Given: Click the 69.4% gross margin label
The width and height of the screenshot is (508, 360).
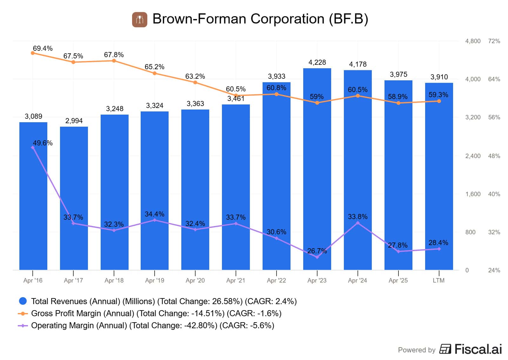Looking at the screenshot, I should coord(43,48).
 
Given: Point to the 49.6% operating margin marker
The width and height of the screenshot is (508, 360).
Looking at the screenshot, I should coord(33,148).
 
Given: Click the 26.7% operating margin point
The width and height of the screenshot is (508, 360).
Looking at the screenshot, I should coord(317,257).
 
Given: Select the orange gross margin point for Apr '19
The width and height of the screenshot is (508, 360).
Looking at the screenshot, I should coord(155,73).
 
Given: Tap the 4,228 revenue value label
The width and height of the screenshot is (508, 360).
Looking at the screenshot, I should coord(317,63).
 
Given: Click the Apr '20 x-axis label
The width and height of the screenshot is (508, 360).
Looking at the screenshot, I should coord(195,280).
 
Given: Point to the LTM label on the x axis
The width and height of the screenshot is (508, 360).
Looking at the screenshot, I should coord(438,280).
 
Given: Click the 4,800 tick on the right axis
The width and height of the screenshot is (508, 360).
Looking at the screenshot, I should coord(473,41).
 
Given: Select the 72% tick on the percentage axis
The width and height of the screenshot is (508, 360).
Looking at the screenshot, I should coord(494,41).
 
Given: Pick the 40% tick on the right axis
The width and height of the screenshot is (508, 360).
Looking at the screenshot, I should coord(494,194).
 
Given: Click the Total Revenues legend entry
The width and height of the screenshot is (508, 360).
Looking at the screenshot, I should coord(164,301).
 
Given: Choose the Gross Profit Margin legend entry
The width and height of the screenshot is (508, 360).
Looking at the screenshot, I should coord(156,313).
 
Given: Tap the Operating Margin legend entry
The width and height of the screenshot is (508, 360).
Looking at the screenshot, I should coord(152,325).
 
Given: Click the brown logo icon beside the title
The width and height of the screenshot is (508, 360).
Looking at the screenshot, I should coord(140,20).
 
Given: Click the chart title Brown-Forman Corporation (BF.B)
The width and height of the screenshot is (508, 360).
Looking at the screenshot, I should coord(260,19).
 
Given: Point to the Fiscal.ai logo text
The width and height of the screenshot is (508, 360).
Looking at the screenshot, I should coord(478,349).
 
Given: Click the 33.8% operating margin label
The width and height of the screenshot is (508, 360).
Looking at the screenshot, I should coord(358,217).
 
